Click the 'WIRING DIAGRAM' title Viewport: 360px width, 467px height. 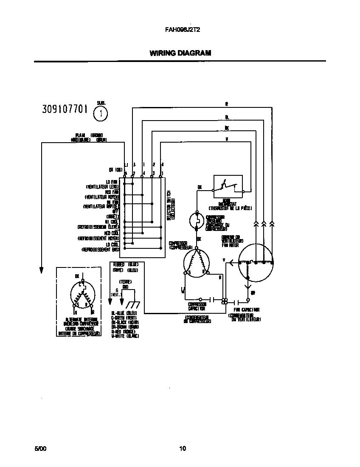pyautogui.click(x=180, y=53)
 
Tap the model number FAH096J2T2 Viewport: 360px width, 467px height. pyautogui.click(x=180, y=31)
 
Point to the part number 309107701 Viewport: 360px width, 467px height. pyautogui.click(x=65, y=109)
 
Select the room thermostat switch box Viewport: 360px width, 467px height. pyautogui.click(x=228, y=187)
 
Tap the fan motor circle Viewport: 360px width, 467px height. pyautogui.click(x=256, y=263)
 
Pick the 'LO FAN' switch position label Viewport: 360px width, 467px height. pyautogui.click(x=112, y=182)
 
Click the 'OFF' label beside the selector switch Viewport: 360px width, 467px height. pyautogui.click(x=115, y=211)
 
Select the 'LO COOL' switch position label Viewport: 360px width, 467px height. pyautogui.click(x=112, y=245)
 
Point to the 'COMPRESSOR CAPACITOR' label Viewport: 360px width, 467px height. pyautogui.click(x=197, y=307)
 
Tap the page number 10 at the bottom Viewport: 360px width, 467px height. pyautogui.click(x=183, y=448)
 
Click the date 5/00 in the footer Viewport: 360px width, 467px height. pyautogui.click(x=40, y=448)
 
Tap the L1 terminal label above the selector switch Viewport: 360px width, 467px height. pyautogui.click(x=126, y=164)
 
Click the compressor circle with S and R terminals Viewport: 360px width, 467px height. pyautogui.click(x=196, y=263)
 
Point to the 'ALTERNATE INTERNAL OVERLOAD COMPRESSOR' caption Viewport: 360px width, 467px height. pyautogui.click(x=81, y=326)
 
